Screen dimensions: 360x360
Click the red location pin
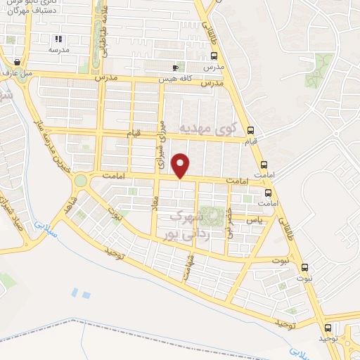click(181, 166)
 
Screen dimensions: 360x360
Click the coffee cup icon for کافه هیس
click(175, 67)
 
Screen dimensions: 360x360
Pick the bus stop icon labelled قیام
click(251, 129)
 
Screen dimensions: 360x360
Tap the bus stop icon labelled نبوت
click(304, 267)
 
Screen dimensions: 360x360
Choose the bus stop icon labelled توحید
click(328, 328)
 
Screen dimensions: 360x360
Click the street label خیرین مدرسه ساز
click(53, 148)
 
